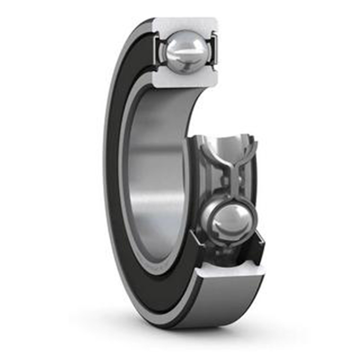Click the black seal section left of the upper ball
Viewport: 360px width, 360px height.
point(157,50)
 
